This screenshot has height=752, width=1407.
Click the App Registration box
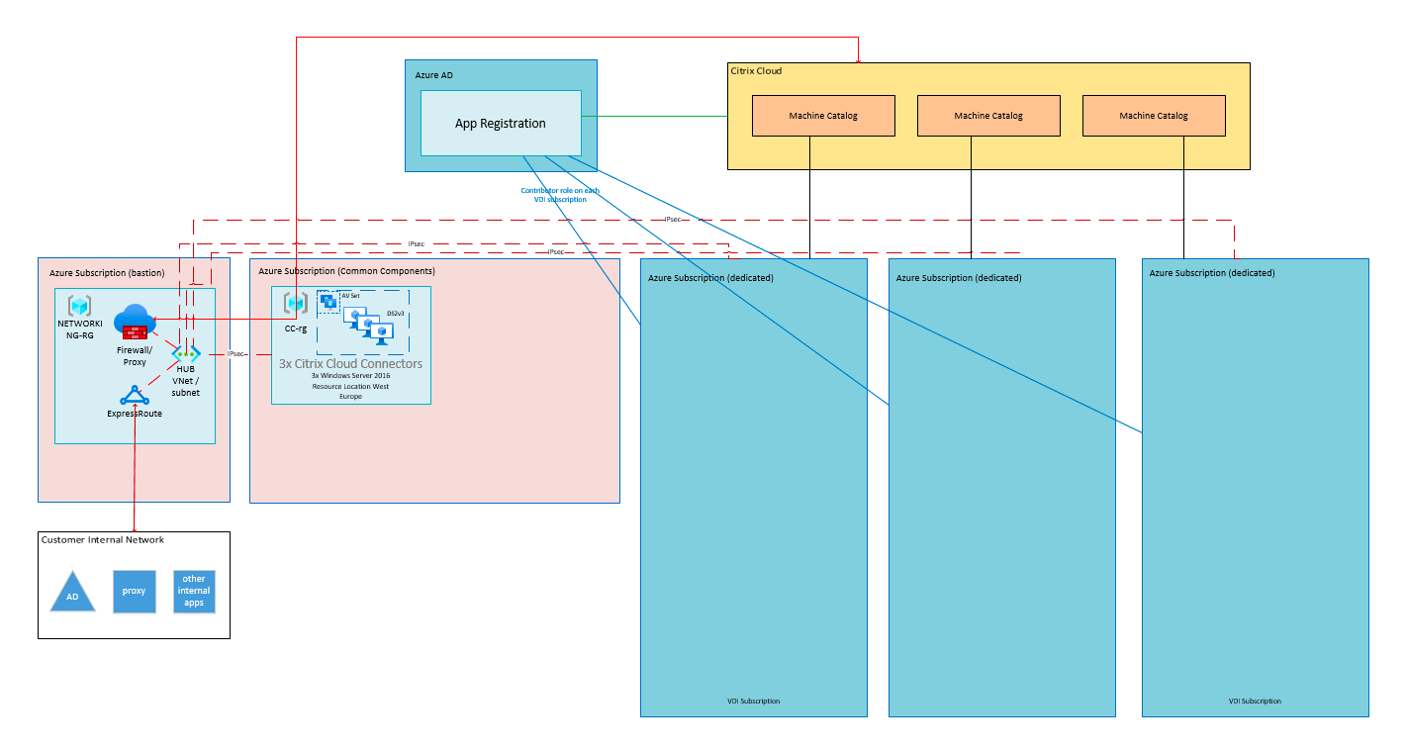[x=501, y=124]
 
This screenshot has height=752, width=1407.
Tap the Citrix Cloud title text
[x=756, y=71]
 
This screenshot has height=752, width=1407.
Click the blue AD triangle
[x=72, y=591]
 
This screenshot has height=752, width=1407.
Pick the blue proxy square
[x=134, y=591]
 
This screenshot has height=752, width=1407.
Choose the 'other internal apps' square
[x=194, y=591]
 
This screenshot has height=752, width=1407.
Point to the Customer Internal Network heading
[x=103, y=540]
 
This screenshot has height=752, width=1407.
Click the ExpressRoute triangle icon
[x=134, y=396]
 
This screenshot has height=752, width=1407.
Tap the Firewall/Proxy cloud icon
[x=134, y=323]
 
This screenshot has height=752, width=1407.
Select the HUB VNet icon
[x=186, y=353]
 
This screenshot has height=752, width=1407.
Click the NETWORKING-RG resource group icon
[x=79, y=306]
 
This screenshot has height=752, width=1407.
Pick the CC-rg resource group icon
[x=295, y=303]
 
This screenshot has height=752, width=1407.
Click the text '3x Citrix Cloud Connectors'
[x=350, y=364]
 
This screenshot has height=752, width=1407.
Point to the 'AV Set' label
[x=350, y=296]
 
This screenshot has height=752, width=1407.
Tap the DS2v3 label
[x=395, y=314]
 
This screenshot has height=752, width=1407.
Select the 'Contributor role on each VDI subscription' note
[x=560, y=195]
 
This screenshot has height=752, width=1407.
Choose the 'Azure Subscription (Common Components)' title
[x=346, y=270]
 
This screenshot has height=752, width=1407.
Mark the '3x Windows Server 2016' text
[x=350, y=376]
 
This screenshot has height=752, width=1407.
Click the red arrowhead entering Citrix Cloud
[x=858, y=59]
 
